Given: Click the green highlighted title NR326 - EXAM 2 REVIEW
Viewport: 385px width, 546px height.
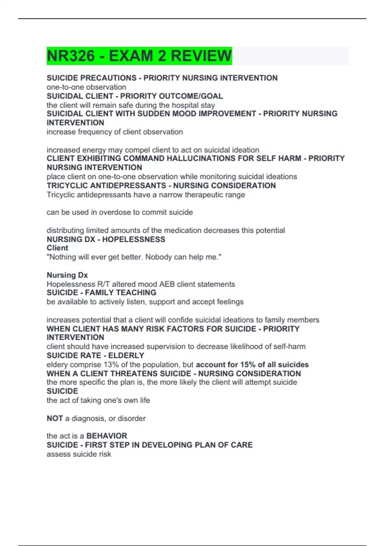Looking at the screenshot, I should (x=139, y=56).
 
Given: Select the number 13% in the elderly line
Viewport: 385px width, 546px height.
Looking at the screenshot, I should (x=111, y=365).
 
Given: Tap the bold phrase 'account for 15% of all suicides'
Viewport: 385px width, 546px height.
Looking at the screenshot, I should (x=252, y=365).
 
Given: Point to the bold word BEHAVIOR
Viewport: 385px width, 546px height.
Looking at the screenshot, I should (x=107, y=436).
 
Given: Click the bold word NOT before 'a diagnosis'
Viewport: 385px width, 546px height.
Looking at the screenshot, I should (x=55, y=418).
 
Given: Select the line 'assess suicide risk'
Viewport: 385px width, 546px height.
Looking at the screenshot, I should (x=79, y=454).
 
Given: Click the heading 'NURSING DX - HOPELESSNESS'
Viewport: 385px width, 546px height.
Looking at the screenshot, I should (x=106, y=239).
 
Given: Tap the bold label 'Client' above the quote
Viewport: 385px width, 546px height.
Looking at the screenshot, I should (x=57, y=248).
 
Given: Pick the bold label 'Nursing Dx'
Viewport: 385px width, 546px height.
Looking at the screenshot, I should (x=67, y=275).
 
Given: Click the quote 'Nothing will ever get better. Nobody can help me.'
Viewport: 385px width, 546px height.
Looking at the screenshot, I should (x=134, y=257).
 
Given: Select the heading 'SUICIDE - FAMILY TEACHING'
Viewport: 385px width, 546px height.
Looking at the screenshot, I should (x=101, y=293).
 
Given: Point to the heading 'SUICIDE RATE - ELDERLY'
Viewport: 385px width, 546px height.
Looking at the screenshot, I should (x=95, y=356).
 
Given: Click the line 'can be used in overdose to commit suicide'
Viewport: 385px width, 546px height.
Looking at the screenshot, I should (x=120, y=212).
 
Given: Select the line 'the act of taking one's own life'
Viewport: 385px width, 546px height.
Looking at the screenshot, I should (x=98, y=401).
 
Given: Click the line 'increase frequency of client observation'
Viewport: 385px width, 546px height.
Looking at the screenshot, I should (x=115, y=132).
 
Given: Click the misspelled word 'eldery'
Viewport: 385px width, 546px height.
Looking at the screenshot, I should (x=57, y=365).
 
